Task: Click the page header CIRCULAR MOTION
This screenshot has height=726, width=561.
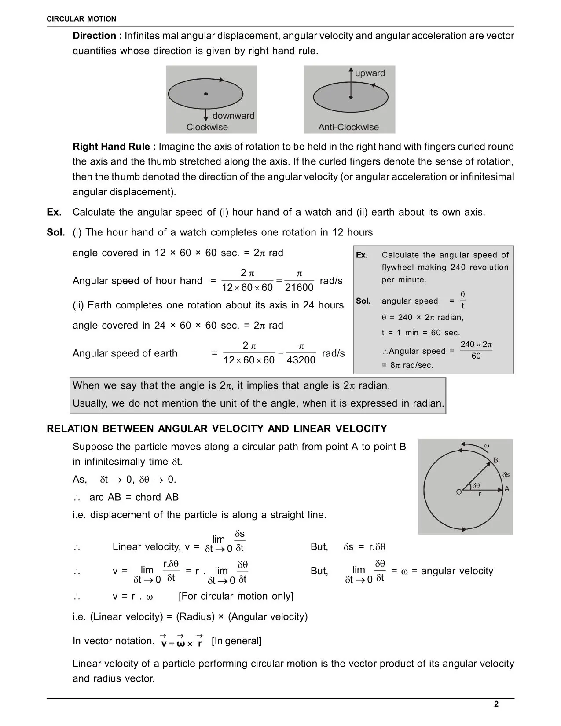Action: pyautogui.click(x=81, y=19)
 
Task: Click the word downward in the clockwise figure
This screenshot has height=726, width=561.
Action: pyautogui.click(x=233, y=116)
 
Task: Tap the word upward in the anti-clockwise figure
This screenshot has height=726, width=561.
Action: pyautogui.click(x=370, y=73)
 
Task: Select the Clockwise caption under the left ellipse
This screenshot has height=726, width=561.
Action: pyautogui.click(x=207, y=127)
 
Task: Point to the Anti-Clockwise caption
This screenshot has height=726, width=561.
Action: pyautogui.click(x=348, y=127)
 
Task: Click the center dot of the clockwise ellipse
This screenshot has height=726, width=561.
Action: pyautogui.click(x=205, y=94)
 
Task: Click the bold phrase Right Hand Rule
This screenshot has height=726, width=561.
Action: pyautogui.click(x=114, y=147)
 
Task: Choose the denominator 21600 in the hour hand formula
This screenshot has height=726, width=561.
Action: pyautogui.click(x=299, y=287)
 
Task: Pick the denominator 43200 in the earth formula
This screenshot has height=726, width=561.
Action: pyautogui.click(x=301, y=360)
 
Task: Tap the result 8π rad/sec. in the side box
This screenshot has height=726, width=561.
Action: pyautogui.click(x=407, y=365)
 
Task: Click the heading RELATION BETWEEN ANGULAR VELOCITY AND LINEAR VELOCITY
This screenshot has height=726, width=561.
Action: pyautogui.click(x=217, y=429)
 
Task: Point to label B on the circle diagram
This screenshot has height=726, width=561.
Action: pyautogui.click(x=495, y=460)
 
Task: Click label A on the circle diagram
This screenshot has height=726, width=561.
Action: pyautogui.click(x=507, y=489)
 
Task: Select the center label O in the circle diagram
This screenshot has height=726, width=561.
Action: pyautogui.click(x=459, y=492)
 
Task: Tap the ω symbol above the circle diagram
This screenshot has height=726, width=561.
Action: pyautogui.click(x=487, y=446)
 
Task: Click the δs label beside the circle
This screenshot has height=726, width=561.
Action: pyautogui.click(x=506, y=474)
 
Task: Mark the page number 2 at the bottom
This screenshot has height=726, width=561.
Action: pyautogui.click(x=496, y=704)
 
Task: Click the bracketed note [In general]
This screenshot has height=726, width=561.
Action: pyautogui.click(x=236, y=641)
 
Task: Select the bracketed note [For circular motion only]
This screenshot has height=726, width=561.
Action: pyautogui.click(x=236, y=596)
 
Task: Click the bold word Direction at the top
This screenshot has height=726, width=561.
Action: pyautogui.click(x=97, y=36)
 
